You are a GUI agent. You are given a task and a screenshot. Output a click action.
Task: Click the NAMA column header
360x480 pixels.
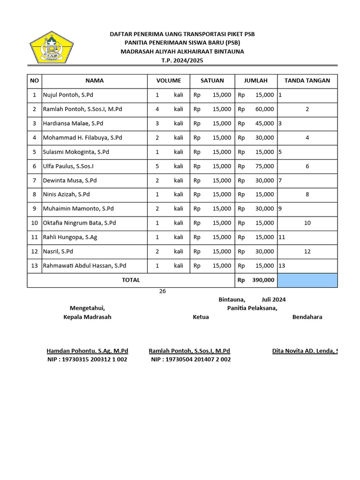[94, 81]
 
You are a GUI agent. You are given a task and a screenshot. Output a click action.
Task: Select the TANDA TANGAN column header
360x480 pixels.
[307, 81]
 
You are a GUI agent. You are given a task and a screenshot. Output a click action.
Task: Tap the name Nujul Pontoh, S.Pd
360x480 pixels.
[68, 95]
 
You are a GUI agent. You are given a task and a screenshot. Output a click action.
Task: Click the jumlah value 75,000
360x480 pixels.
[265, 166]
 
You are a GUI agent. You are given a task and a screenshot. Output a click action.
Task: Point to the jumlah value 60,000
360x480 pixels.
[265, 109]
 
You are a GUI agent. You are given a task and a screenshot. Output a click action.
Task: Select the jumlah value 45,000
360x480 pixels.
[265, 124]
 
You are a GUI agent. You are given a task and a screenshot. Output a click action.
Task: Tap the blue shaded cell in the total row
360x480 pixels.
[307, 280]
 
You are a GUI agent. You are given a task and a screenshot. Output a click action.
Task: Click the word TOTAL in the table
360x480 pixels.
[131, 280]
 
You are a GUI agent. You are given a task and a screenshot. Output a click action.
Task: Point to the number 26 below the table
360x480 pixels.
[163, 291]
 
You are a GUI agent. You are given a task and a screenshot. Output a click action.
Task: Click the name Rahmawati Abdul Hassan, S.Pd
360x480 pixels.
[84, 266]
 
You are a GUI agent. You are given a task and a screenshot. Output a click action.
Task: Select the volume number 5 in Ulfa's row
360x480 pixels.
[157, 166]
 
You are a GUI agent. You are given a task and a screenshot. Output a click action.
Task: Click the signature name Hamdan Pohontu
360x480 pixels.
[87, 351]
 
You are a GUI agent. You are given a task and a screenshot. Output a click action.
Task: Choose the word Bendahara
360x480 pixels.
[307, 317]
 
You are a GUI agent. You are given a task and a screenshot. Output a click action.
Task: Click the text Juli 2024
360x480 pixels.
[274, 300]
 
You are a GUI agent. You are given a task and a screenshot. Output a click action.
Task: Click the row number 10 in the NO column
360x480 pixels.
[34, 223]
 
